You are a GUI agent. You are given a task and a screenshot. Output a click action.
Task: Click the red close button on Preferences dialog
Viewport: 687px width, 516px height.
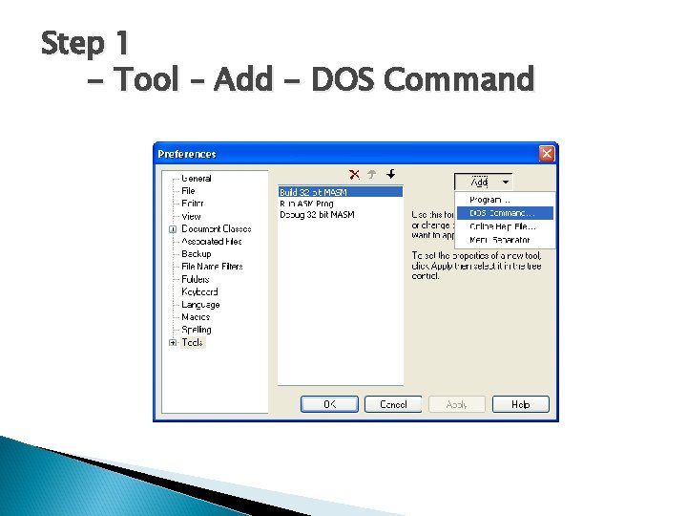tap(547, 154)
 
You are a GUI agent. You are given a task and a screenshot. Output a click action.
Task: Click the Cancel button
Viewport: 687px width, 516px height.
tap(393, 404)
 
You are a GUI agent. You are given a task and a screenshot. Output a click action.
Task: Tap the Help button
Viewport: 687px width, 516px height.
tap(520, 404)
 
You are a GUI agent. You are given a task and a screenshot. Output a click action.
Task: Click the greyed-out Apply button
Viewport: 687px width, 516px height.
tap(457, 404)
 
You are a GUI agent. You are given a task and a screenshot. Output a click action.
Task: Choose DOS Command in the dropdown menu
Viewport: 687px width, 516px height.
tap(503, 213)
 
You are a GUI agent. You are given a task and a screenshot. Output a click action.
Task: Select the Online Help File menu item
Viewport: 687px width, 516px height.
tap(503, 226)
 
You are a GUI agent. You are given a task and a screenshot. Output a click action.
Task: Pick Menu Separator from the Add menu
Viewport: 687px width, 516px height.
tap(503, 239)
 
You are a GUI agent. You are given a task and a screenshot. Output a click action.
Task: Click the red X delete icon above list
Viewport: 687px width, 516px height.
tap(354, 175)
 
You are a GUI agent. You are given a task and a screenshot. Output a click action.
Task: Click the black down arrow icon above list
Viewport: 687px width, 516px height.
tap(390, 175)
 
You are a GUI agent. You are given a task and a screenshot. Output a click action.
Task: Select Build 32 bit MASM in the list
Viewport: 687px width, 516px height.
tap(313, 192)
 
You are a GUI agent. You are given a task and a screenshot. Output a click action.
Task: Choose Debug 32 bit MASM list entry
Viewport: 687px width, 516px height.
tap(317, 215)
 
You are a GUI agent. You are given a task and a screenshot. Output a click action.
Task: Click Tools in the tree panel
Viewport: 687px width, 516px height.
tap(193, 342)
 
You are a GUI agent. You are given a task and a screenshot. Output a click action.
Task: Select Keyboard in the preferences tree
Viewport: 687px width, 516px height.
tap(199, 291)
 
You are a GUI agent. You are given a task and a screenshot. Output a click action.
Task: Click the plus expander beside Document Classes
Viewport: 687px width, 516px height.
tap(173, 229)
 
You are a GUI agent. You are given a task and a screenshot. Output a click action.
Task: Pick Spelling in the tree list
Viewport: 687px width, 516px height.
tap(197, 330)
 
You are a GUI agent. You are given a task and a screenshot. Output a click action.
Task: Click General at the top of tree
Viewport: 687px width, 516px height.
tap(197, 179)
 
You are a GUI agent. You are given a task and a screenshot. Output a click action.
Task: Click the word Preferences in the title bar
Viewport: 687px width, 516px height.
tap(187, 154)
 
